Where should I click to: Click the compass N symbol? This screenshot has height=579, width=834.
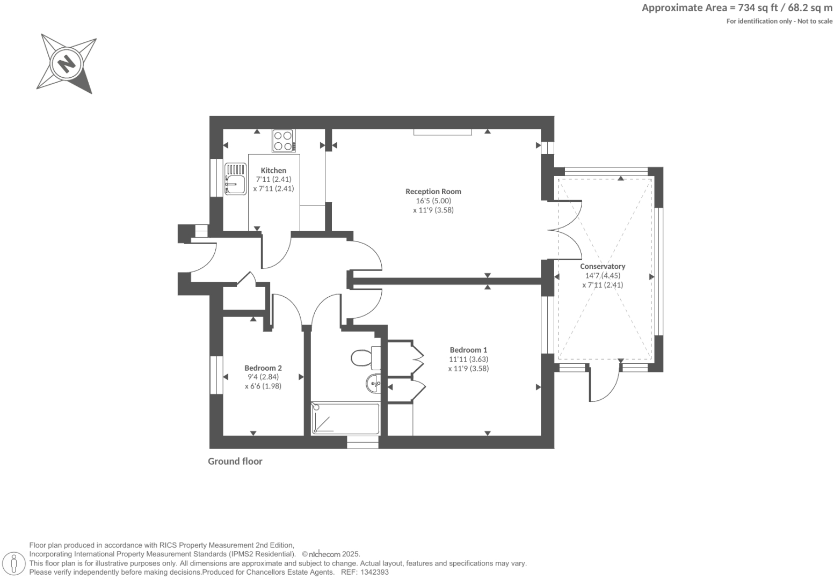(67, 64)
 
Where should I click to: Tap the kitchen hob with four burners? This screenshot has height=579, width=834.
(283, 141)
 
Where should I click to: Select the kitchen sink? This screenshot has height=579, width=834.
(235, 179)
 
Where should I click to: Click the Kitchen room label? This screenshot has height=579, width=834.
(273, 170)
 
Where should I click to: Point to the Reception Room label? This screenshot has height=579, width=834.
(433, 191)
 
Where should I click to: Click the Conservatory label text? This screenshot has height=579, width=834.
(603, 266)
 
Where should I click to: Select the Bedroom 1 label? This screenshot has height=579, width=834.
(468, 350)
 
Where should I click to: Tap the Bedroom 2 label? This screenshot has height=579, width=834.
(263, 368)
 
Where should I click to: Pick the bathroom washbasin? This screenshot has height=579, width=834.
(374, 384)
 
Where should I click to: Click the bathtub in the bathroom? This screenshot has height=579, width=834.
(345, 419)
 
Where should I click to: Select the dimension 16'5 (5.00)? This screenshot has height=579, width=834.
(433, 201)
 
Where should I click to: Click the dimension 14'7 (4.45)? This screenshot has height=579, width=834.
(603, 275)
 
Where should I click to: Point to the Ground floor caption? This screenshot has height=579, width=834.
(235, 461)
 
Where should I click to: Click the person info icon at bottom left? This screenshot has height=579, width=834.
(14, 563)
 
